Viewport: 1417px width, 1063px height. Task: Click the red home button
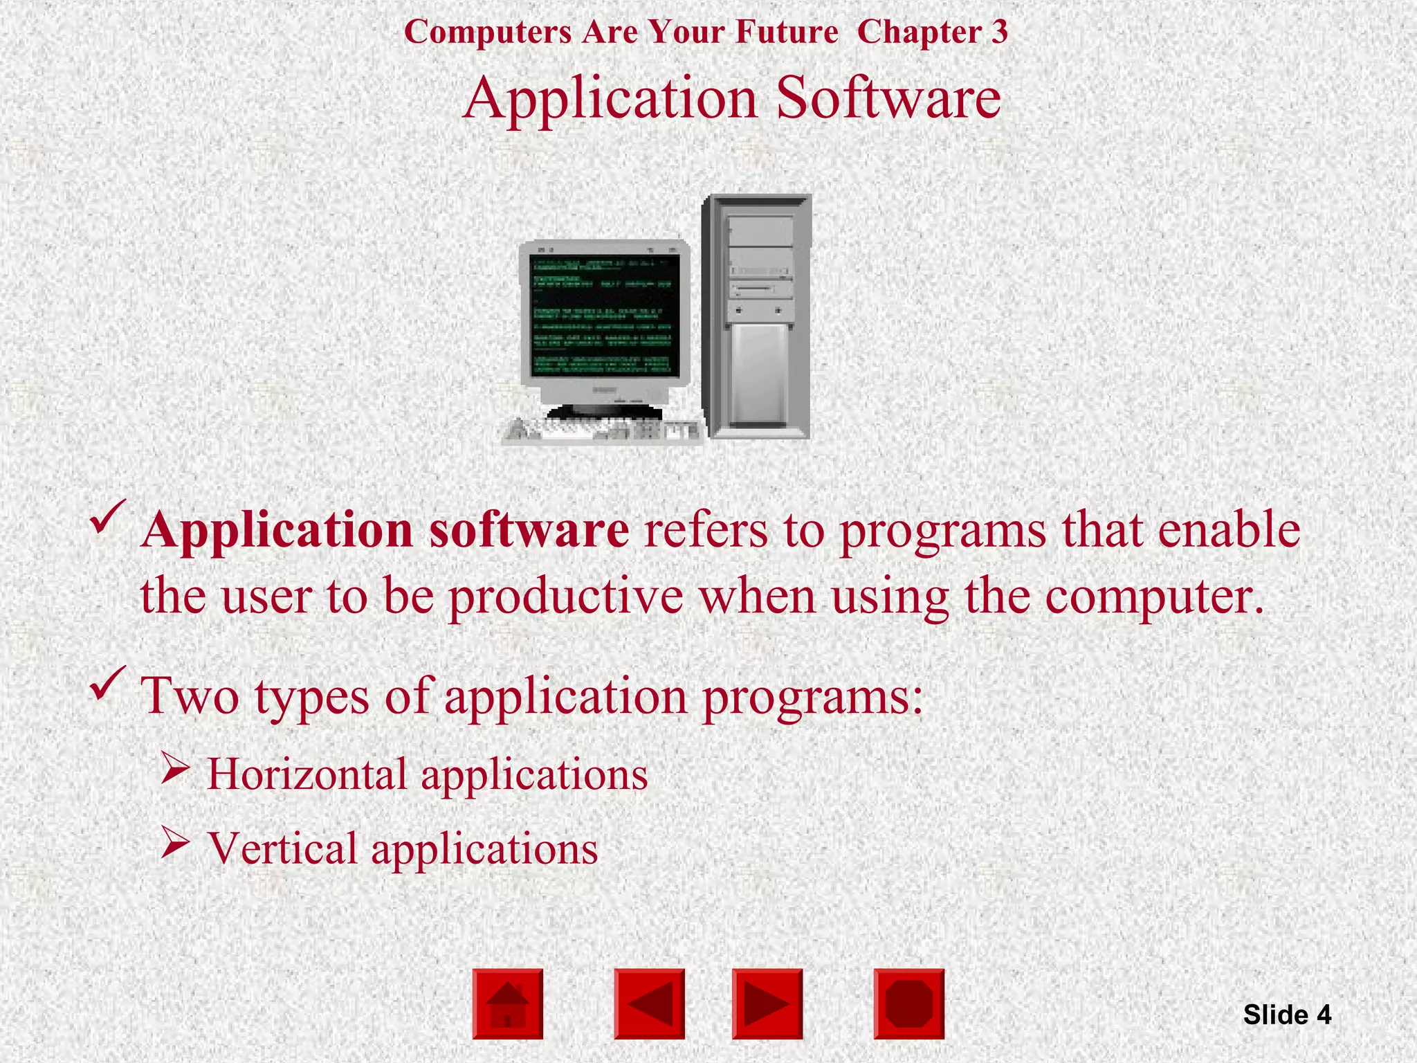pyautogui.click(x=508, y=1003)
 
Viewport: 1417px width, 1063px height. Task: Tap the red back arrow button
pyautogui.click(x=649, y=1003)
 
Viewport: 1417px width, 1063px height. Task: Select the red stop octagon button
pyautogui.click(x=908, y=1003)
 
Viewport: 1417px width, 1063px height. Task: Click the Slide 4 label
pyautogui.click(x=1287, y=1015)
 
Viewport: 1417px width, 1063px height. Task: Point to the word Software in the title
pyautogui.click(x=888, y=98)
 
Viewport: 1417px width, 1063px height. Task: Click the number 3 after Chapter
pyautogui.click(x=999, y=32)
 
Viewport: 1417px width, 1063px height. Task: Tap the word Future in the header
pyautogui.click(x=787, y=32)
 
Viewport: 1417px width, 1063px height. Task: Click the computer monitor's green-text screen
pyautogui.click(x=604, y=316)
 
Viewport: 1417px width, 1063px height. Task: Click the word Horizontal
pyautogui.click(x=307, y=774)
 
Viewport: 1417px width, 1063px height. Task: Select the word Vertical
pyautogui.click(x=282, y=848)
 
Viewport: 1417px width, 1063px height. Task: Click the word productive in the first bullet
pyautogui.click(x=565, y=597)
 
